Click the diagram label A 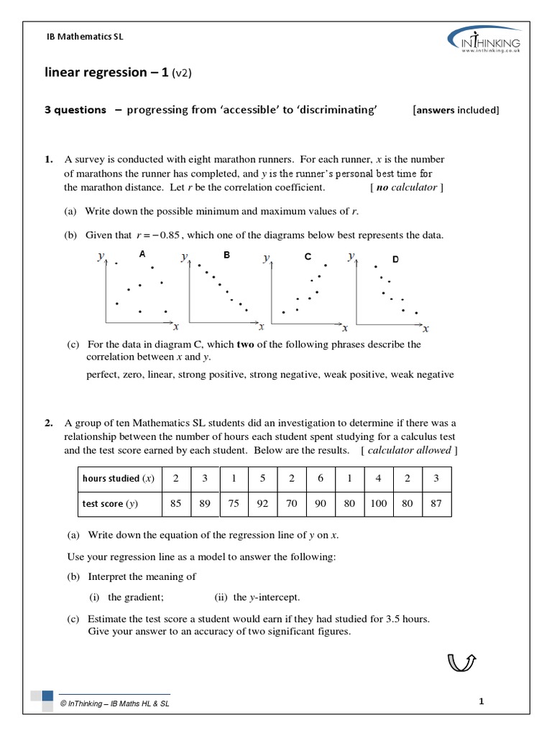[142, 254]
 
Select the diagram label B [226, 254]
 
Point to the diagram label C [308, 256]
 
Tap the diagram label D [395, 258]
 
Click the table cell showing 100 [379, 503]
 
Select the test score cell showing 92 [262, 503]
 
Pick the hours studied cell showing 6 [321, 478]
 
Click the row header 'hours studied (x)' [119, 478]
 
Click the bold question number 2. [48, 423]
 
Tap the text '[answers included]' [456, 110]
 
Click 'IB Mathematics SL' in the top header [85, 37]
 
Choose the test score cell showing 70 [292, 503]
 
